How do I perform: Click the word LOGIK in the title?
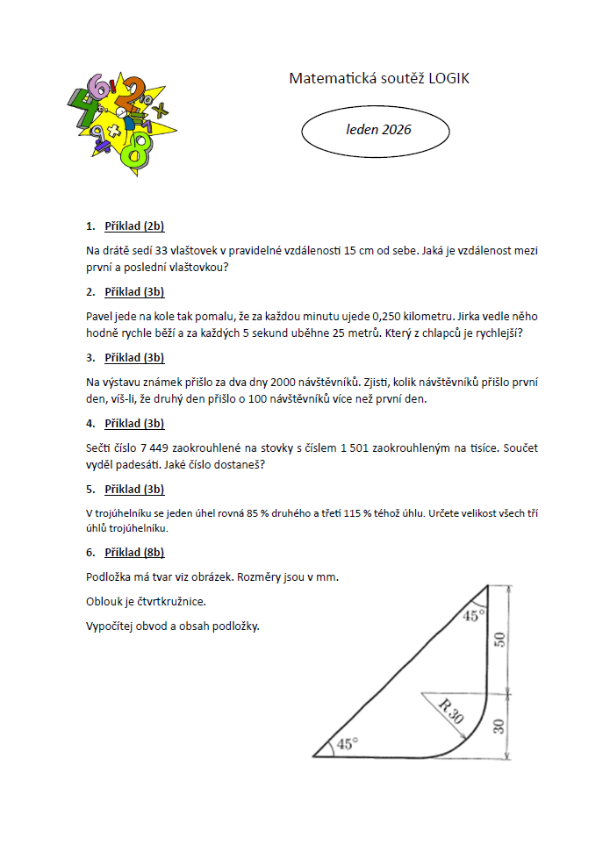(x=449, y=79)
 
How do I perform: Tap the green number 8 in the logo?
(x=134, y=150)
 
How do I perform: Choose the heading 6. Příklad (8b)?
(x=126, y=553)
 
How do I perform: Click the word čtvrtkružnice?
(x=169, y=602)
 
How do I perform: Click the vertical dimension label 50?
(x=500, y=638)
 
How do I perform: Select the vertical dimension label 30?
(x=500, y=725)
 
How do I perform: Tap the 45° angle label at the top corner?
(x=474, y=615)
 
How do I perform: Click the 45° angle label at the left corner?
(x=348, y=744)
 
